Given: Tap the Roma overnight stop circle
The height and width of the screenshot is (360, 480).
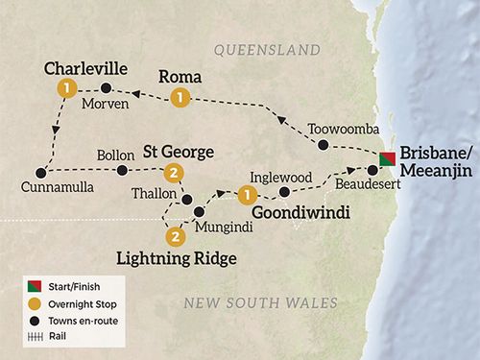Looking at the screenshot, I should click(178, 97).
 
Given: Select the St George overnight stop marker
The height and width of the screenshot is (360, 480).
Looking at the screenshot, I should click(173, 173).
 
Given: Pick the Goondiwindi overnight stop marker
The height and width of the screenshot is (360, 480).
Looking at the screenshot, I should click(247, 195).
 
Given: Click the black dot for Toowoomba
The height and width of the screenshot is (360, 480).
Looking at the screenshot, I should click(323, 146).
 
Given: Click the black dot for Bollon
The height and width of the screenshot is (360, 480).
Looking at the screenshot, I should click(122, 172).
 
